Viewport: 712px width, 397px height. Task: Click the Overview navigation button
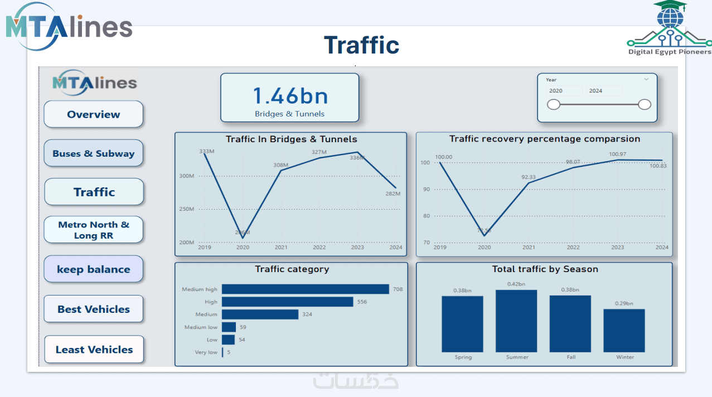tap(93, 114)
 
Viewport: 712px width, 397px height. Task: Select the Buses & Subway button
tap(93, 153)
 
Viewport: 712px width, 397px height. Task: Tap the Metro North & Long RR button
tap(93, 230)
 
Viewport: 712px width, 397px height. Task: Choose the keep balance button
tap(93, 269)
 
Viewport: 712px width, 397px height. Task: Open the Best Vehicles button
tap(93, 309)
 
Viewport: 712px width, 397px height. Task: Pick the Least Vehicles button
tap(94, 350)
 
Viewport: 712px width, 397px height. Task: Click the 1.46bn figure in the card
tap(290, 96)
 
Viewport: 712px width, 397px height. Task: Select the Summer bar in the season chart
tap(516, 321)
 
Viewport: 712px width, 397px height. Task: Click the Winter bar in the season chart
tap(624, 330)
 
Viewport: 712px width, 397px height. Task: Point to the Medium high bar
tap(305, 289)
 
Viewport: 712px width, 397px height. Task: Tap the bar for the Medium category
tap(260, 314)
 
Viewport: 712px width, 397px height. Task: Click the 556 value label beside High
tap(362, 302)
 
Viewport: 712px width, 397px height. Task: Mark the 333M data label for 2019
tap(207, 152)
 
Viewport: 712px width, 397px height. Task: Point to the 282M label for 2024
tap(393, 193)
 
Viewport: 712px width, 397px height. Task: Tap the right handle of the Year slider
tap(644, 104)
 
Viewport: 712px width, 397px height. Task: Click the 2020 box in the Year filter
tap(563, 90)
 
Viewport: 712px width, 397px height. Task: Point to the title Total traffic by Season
tap(545, 269)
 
